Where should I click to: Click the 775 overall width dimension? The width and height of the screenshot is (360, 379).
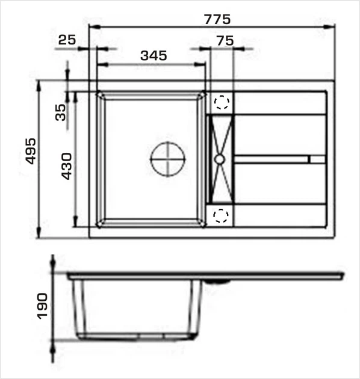click(x=217, y=19)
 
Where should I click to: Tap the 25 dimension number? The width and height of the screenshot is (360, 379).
click(x=67, y=40)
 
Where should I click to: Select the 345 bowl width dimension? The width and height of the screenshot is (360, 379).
click(x=154, y=55)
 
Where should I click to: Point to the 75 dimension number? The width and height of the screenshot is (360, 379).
click(x=225, y=41)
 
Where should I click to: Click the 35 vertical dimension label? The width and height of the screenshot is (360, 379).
click(x=60, y=112)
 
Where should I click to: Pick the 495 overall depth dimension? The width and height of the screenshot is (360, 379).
click(x=31, y=152)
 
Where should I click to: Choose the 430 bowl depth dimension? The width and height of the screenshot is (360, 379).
click(x=66, y=166)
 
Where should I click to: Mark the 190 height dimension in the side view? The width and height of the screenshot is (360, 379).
click(x=42, y=306)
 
